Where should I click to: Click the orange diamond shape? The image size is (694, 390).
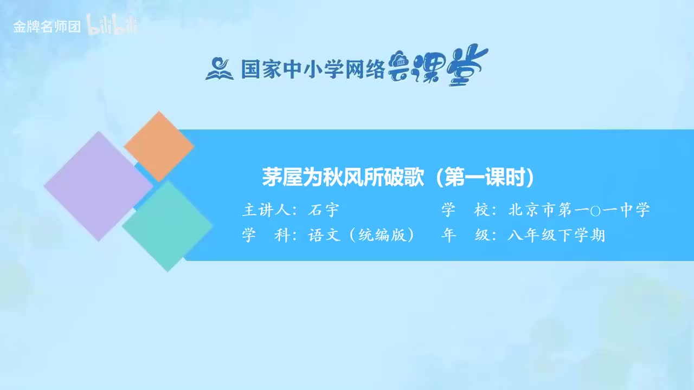click(x=158, y=146)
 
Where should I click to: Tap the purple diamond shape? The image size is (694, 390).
click(x=98, y=186)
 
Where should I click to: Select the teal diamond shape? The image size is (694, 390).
click(x=168, y=226)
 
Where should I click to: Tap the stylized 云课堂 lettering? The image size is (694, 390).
click(x=438, y=67)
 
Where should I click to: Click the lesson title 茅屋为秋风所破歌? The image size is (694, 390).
click(x=343, y=178)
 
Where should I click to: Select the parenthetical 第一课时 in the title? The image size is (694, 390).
click(x=485, y=178)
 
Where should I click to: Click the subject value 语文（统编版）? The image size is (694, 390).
click(x=362, y=236)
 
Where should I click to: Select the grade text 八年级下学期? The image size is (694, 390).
click(x=556, y=236)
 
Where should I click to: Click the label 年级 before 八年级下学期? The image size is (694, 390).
click(x=465, y=236)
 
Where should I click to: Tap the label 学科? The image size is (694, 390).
click(x=266, y=236)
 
